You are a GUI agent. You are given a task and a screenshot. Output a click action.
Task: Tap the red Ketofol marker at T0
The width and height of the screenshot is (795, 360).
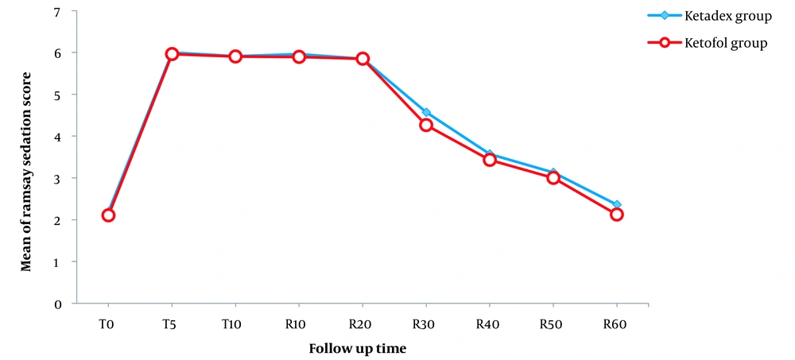pyautogui.click(x=108, y=215)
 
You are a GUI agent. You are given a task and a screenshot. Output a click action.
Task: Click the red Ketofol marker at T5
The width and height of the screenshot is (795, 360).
pyautogui.click(x=172, y=54)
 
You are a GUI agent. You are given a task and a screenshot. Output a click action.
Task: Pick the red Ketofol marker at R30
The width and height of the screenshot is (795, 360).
pyautogui.click(x=426, y=125)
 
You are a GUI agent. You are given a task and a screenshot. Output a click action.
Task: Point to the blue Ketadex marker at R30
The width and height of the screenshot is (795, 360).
pyautogui.click(x=426, y=112)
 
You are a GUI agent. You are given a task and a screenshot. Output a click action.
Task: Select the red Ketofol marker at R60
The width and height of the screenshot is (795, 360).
pyautogui.click(x=616, y=215)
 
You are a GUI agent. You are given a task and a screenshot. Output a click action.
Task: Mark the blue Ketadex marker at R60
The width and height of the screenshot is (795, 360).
pyautogui.click(x=616, y=204)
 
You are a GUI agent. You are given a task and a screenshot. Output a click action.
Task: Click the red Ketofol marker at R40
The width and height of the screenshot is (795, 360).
pyautogui.click(x=490, y=160)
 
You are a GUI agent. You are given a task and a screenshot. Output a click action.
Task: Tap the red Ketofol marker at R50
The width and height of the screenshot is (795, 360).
pyautogui.click(x=553, y=178)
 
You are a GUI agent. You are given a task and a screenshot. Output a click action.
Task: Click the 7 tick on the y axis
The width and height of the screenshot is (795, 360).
pyautogui.click(x=58, y=11)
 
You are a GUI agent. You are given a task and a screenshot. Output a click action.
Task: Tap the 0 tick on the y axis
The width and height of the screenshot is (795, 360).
pyautogui.click(x=58, y=304)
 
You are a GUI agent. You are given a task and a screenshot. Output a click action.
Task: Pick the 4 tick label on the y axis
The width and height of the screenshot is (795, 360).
pyautogui.click(x=58, y=137)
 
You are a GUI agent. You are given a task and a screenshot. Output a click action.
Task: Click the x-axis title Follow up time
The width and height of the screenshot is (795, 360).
pyautogui.click(x=363, y=348)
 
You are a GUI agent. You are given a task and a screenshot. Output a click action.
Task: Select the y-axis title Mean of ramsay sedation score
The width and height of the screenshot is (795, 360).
pyautogui.click(x=26, y=171)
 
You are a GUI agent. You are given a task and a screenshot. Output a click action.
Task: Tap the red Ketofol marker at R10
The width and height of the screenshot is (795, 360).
pyautogui.click(x=299, y=56)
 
